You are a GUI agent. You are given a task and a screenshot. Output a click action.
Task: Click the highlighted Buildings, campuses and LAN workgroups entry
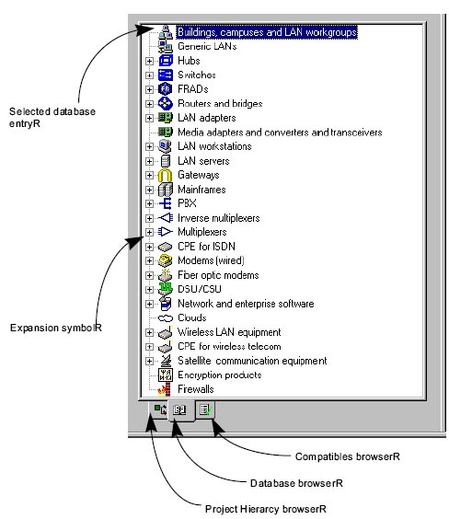[x=268, y=32]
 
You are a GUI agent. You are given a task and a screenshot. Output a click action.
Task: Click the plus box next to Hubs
[x=149, y=62]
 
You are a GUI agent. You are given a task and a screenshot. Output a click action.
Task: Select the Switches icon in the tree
[x=165, y=75]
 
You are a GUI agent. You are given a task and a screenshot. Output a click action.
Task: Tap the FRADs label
[x=193, y=89]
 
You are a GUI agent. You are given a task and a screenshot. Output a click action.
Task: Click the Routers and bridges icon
[x=165, y=104]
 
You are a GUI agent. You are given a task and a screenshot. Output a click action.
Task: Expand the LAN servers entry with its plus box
[x=149, y=161]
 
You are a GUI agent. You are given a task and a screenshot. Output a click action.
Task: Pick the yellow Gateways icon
[x=165, y=175]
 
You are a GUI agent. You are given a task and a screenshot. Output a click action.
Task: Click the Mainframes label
[x=201, y=190]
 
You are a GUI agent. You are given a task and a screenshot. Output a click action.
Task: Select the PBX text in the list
[x=187, y=203]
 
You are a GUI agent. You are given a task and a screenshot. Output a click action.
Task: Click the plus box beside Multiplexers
[x=149, y=232]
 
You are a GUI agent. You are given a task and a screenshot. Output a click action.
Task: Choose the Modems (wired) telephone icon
[x=165, y=260]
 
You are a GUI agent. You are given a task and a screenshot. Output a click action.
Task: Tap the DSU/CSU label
[x=199, y=289]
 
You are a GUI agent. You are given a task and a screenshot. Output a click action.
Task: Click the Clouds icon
[x=165, y=318]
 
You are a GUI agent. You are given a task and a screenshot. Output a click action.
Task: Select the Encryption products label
[x=219, y=375]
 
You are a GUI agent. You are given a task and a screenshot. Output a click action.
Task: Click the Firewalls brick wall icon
[x=165, y=389]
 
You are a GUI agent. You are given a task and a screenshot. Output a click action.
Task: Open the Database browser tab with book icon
[x=180, y=410]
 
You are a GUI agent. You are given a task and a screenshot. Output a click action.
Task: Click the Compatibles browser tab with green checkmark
[x=206, y=409]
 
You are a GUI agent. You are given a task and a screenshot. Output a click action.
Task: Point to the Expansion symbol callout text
[x=56, y=328]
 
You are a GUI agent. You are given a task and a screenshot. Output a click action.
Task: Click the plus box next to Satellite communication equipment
[x=149, y=361]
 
